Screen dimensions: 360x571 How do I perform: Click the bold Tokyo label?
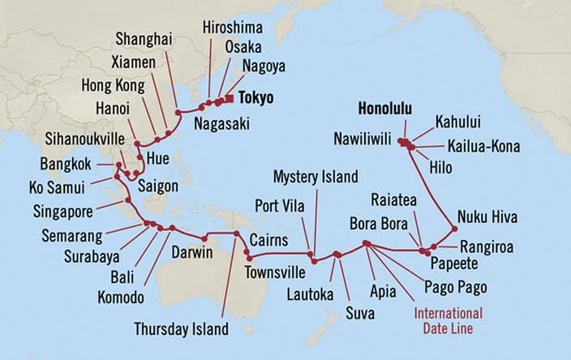click(255, 98)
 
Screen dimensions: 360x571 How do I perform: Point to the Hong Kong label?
click(112, 85)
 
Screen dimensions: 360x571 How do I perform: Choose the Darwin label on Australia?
click(192, 254)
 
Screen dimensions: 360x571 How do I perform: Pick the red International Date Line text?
click(449, 320)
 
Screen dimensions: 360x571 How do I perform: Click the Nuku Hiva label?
click(487, 217)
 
